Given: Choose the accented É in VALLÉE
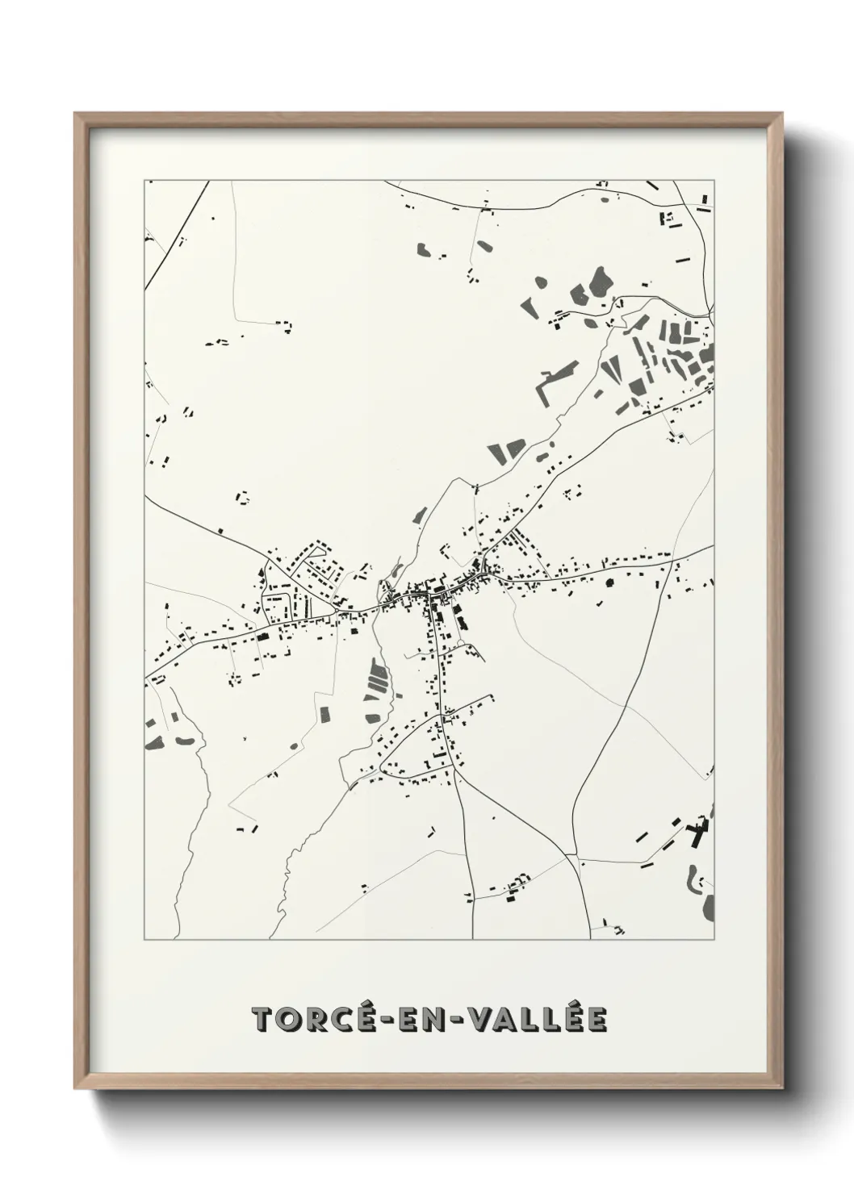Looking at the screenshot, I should (575, 1018).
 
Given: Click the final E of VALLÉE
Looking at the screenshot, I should (597, 1020).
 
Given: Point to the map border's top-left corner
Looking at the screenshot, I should (144, 181).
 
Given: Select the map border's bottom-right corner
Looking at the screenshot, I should (714, 939).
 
